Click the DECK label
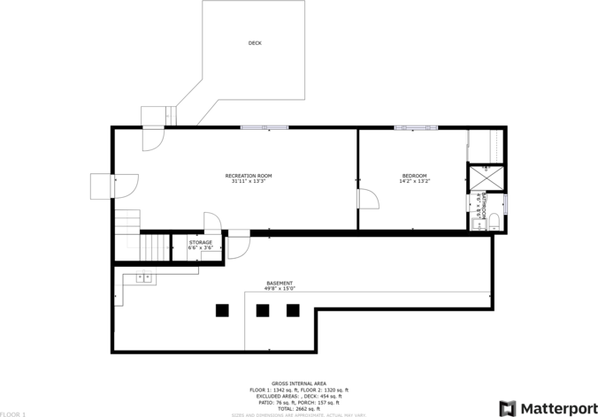pyautogui.click(x=255, y=43)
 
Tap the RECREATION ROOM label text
pyautogui.click(x=248, y=176)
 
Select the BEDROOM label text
pyautogui.click(x=414, y=176)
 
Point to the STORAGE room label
pyautogui.click(x=200, y=242)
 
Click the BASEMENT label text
pyautogui.click(x=280, y=284)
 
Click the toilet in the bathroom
pyautogui.click(x=495, y=222)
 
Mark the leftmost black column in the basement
pyautogui.click(x=222, y=309)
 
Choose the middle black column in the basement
pyautogui.click(x=263, y=309)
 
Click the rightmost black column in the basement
pyautogui.click(x=293, y=309)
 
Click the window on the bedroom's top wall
pyautogui.click(x=416, y=128)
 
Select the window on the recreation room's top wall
pyautogui.click(x=264, y=128)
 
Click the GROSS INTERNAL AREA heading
pyautogui.click(x=298, y=383)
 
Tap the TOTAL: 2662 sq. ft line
pyautogui.click(x=298, y=408)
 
